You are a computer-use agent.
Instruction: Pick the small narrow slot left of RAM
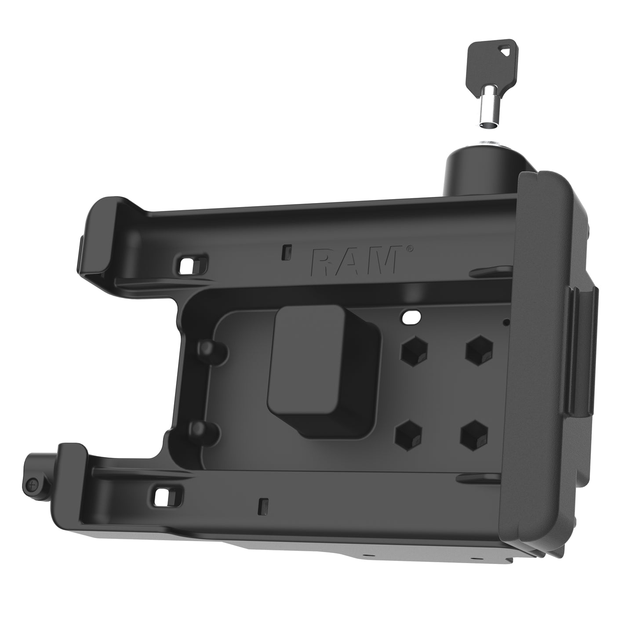pyautogui.click(x=287, y=251)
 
